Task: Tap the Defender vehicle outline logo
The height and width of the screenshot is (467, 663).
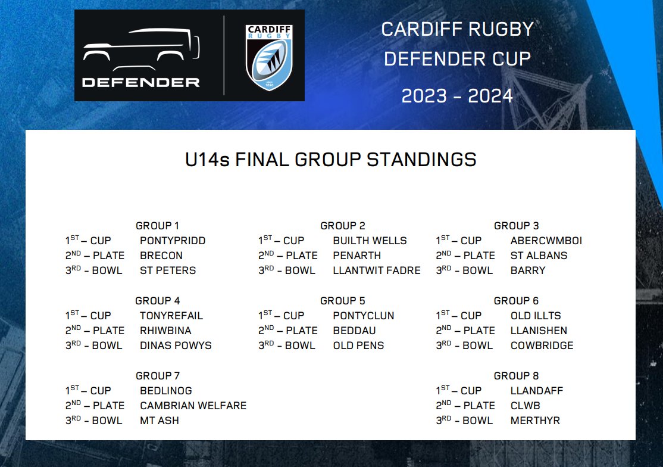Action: coord(140,51)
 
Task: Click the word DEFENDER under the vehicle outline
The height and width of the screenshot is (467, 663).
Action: coord(140,82)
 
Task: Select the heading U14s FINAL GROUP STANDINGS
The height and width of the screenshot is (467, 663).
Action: coord(331,160)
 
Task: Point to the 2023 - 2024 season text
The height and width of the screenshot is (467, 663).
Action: coord(457,95)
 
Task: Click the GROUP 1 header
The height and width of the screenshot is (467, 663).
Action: coord(157,226)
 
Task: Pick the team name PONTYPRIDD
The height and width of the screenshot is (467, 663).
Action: coord(173,241)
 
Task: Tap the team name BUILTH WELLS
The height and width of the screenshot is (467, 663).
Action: coord(370,241)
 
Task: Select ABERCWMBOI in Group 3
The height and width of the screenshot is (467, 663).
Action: coord(546,241)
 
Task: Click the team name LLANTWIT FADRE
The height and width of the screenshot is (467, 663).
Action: coord(376,270)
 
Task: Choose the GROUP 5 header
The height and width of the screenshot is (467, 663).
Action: coord(342,301)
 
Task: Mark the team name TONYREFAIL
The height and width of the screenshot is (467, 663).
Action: coord(171,316)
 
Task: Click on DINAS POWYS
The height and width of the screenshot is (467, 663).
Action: coord(176,345)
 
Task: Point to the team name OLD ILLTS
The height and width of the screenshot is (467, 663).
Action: coord(536,316)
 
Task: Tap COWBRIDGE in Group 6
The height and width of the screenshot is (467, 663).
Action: coord(542,345)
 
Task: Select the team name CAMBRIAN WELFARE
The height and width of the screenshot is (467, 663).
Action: coord(193,406)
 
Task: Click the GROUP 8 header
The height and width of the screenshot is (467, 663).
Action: coord(516,376)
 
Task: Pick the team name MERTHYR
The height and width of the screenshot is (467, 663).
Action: coord(535,421)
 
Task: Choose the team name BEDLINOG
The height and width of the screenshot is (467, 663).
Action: coord(166,391)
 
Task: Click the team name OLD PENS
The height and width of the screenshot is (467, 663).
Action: coord(358,345)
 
